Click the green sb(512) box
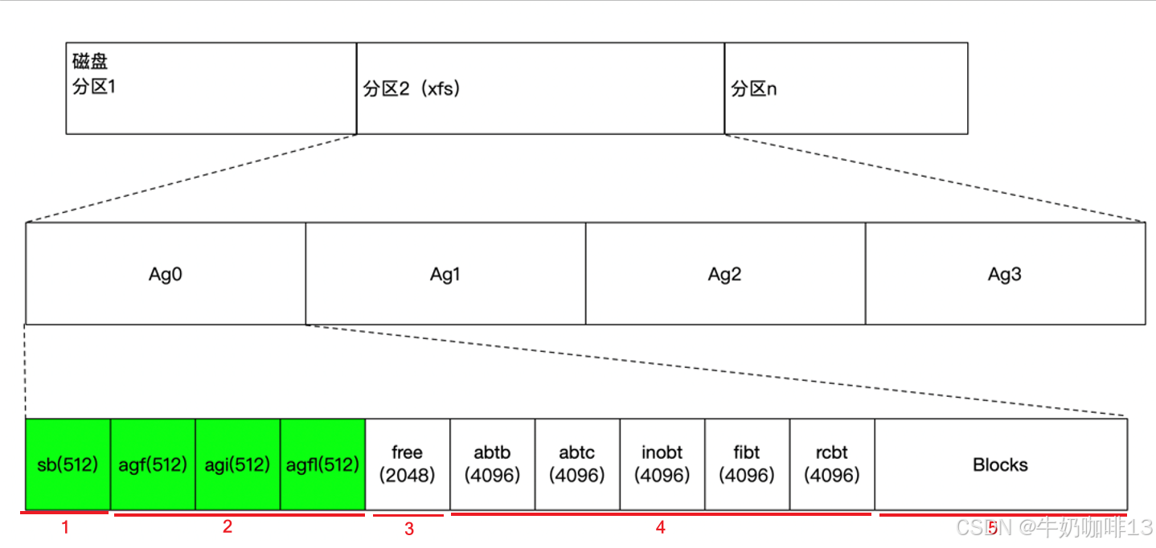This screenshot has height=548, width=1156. [x=68, y=464]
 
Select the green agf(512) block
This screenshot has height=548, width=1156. [x=153, y=464]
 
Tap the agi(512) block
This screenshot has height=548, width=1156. [x=238, y=464]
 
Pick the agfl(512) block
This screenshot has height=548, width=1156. [x=322, y=464]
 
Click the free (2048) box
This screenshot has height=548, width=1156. [x=408, y=464]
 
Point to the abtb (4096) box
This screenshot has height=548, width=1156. [x=492, y=464]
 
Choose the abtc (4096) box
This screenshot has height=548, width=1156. [x=577, y=464]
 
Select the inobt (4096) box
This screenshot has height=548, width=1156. [x=662, y=464]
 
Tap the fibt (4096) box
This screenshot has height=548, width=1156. [x=747, y=464]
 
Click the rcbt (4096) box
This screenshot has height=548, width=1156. [x=832, y=464]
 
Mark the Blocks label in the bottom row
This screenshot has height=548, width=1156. [x=1000, y=464]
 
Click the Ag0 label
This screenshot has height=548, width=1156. [x=166, y=274]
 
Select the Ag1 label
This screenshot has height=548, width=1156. [x=445, y=274]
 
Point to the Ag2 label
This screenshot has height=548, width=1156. [x=725, y=274]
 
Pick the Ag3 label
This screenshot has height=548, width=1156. [x=1005, y=274]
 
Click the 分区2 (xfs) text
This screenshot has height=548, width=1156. [x=412, y=88]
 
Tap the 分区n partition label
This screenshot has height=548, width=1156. [x=754, y=88]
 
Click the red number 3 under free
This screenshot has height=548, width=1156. [x=409, y=529]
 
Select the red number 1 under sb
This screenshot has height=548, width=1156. [x=66, y=528]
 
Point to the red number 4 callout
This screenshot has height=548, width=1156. [x=661, y=528]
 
